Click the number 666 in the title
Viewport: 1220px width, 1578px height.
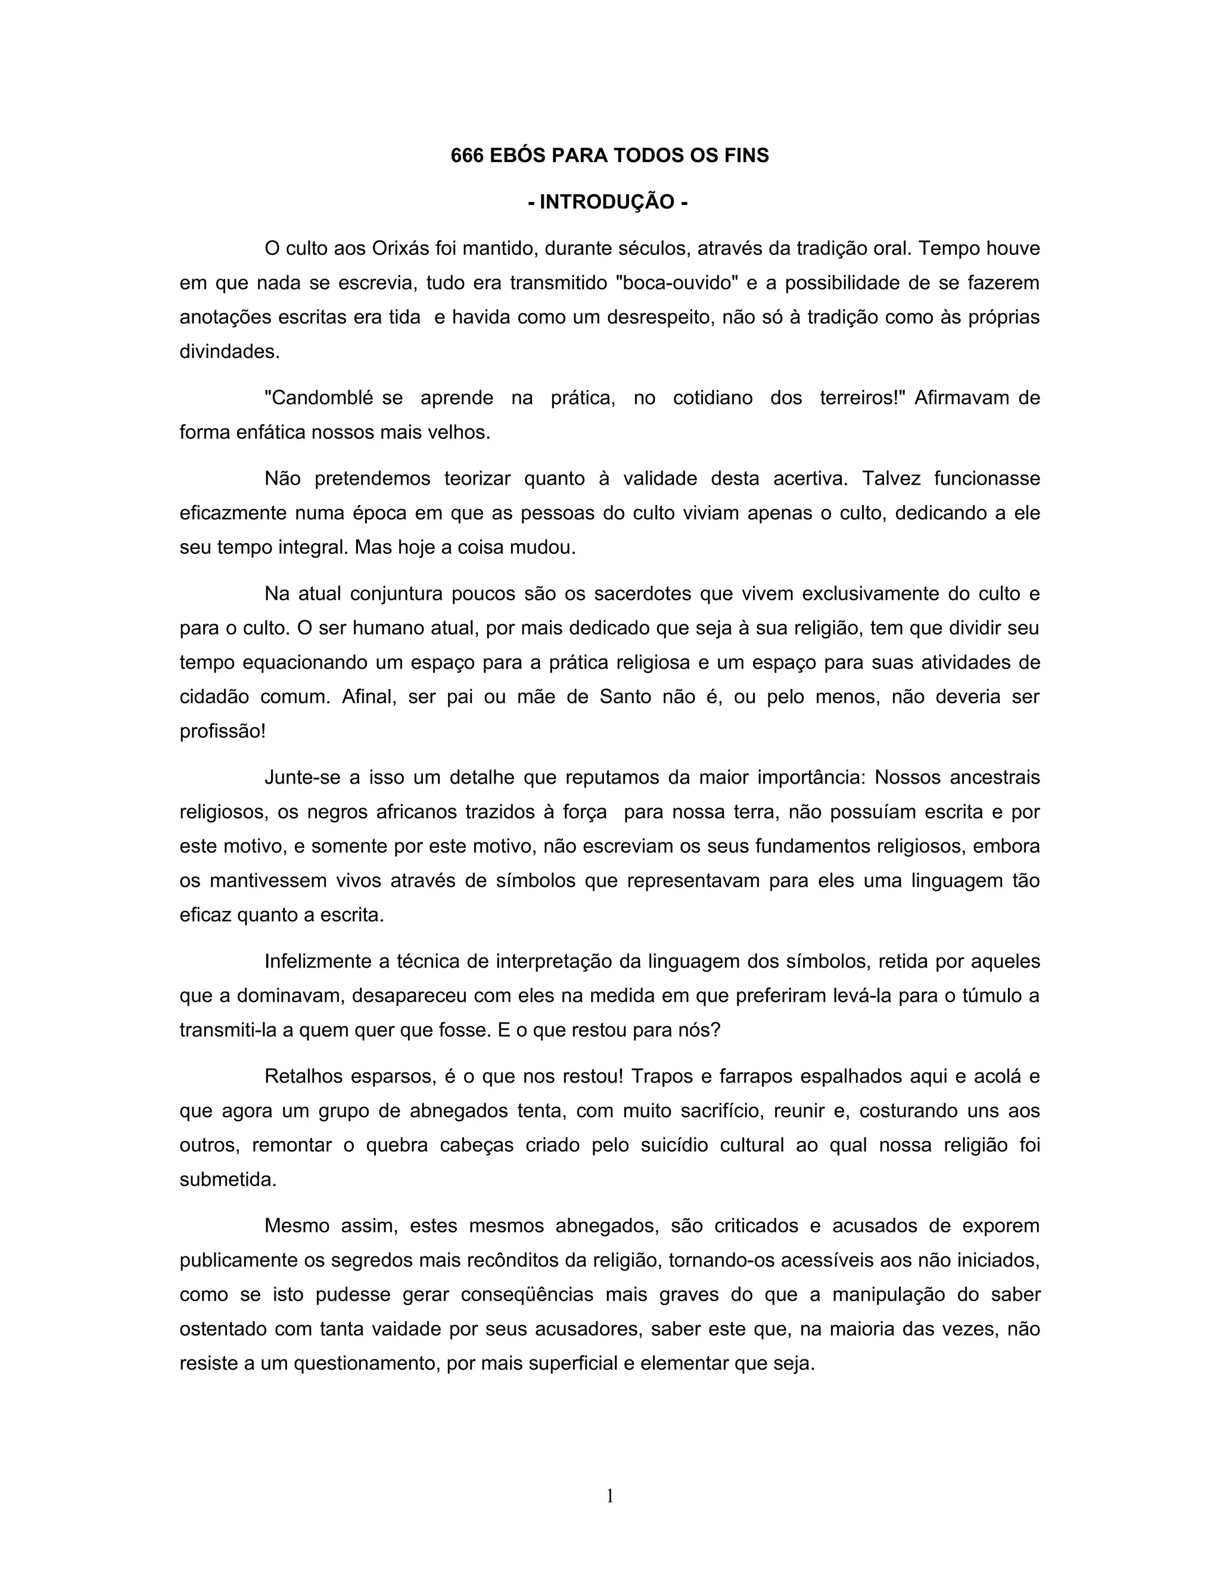[x=466, y=155]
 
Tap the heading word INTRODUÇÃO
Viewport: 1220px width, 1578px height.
[x=607, y=202]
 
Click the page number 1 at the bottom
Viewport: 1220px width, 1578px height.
[x=609, y=1496]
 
